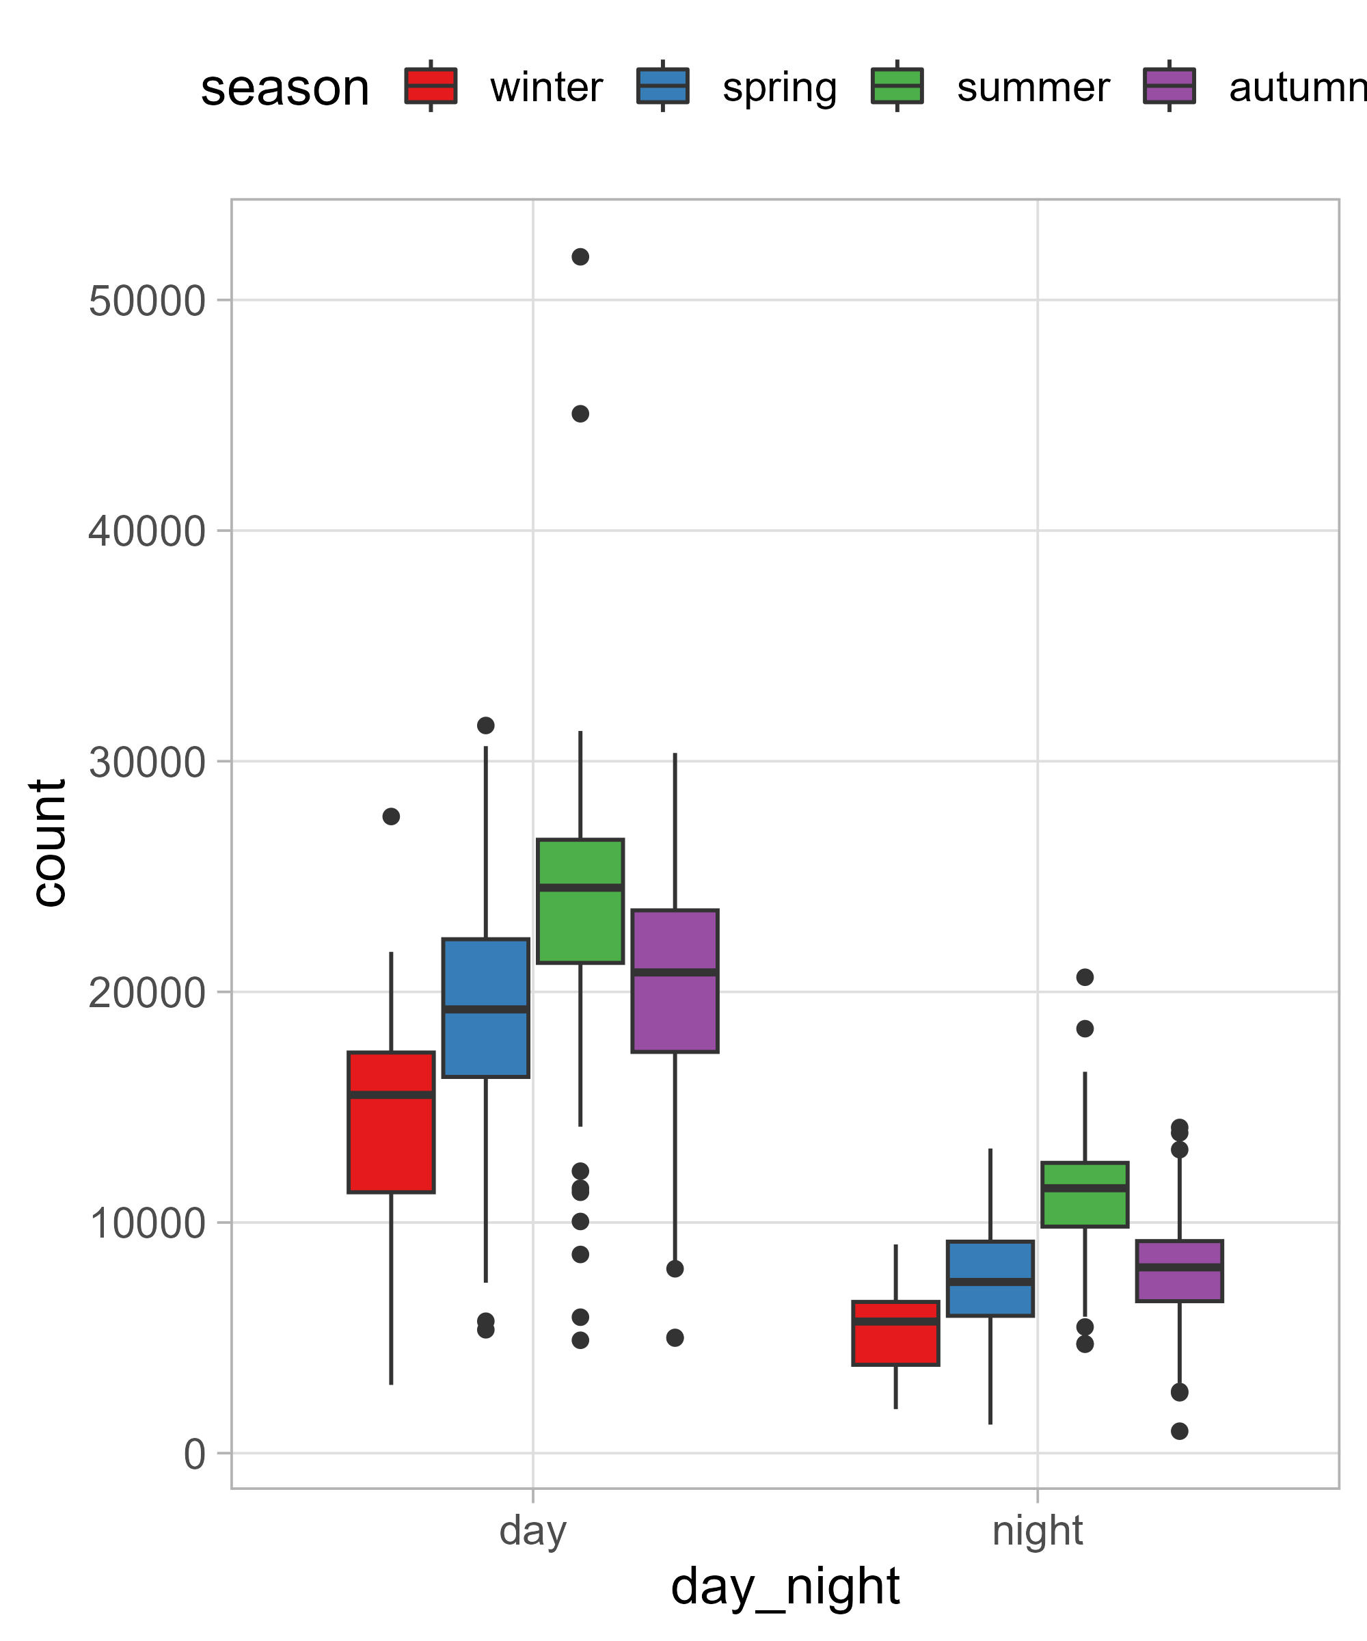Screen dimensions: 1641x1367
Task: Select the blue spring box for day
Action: click(485, 1008)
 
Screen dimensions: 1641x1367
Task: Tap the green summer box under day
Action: click(580, 901)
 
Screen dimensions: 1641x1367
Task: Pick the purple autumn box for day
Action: click(674, 980)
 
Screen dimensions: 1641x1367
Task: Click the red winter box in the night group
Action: click(895, 1333)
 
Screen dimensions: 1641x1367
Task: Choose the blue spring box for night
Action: click(990, 1279)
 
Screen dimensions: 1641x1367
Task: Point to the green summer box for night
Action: click(1084, 1195)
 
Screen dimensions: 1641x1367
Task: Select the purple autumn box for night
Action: click(1179, 1270)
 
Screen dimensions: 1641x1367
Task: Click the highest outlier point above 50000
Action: click(580, 257)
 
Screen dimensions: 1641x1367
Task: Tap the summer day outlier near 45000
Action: click(580, 414)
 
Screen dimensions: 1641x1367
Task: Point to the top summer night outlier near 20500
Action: click(1084, 978)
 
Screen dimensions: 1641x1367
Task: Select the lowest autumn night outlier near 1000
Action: click(1179, 1431)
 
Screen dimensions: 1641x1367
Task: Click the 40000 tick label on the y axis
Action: click(147, 532)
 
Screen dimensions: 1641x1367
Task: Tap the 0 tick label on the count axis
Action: click(195, 1455)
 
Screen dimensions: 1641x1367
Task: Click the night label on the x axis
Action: click(1037, 1531)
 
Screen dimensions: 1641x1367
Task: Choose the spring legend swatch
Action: click(662, 86)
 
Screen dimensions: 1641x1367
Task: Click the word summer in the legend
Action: click(1032, 88)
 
